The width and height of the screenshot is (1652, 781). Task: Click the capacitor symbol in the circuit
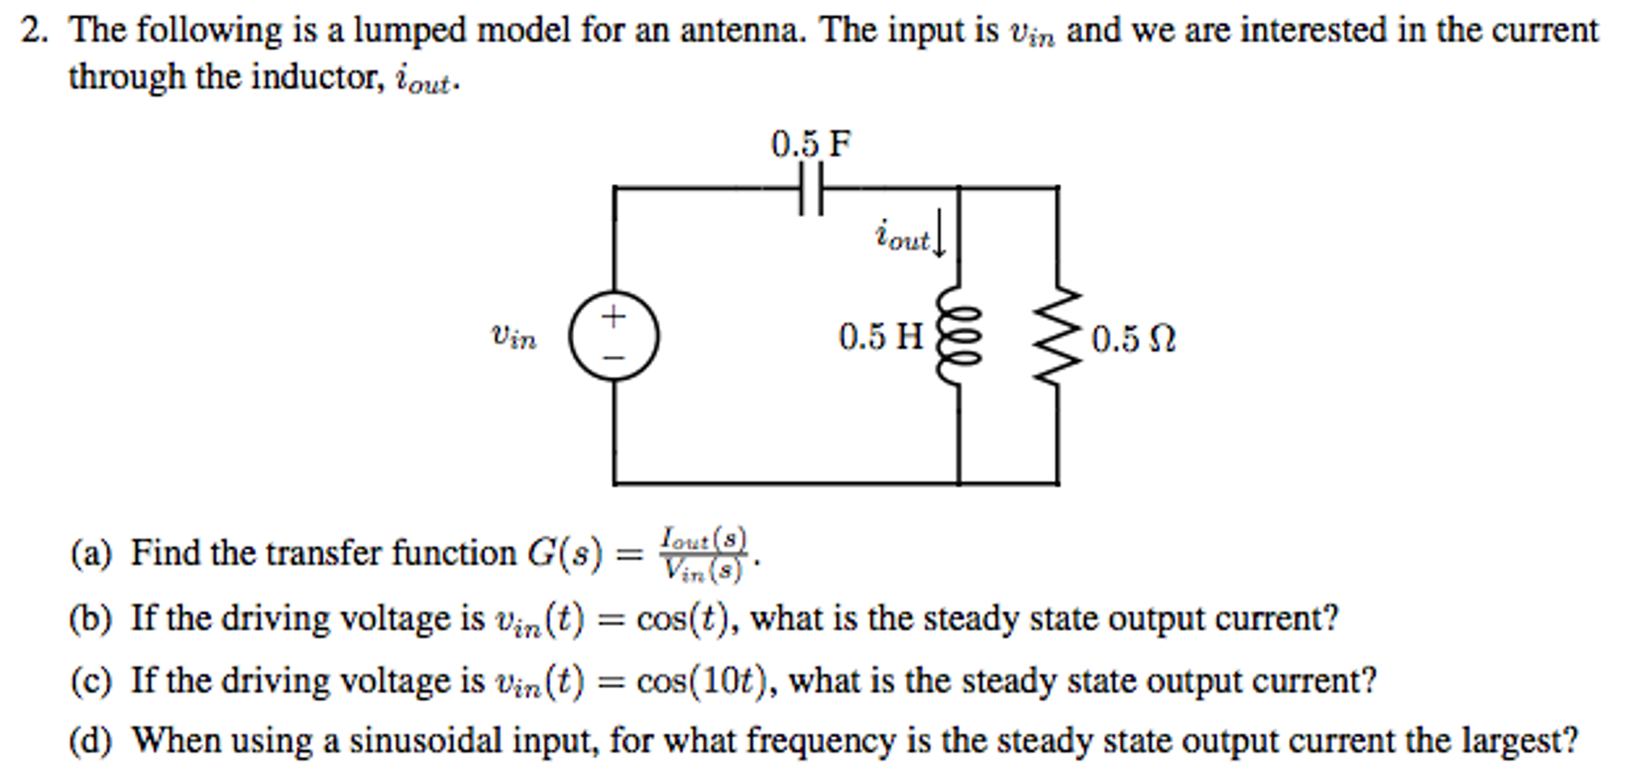[x=811, y=188]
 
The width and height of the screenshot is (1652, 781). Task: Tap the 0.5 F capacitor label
[x=810, y=144]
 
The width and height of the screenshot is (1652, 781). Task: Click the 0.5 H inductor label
[x=880, y=336]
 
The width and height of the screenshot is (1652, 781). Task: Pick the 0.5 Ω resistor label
[x=1133, y=339]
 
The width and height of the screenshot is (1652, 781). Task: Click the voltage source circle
[x=614, y=336]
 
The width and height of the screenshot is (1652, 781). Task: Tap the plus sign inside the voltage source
[x=614, y=315]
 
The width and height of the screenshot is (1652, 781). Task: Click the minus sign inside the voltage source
[x=614, y=357]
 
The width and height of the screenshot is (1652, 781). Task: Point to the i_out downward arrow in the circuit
[x=938, y=234]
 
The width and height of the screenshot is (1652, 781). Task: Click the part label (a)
[x=90, y=553]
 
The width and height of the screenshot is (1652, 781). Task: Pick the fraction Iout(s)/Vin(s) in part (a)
[x=703, y=553]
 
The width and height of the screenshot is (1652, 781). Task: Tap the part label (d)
[x=90, y=741]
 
